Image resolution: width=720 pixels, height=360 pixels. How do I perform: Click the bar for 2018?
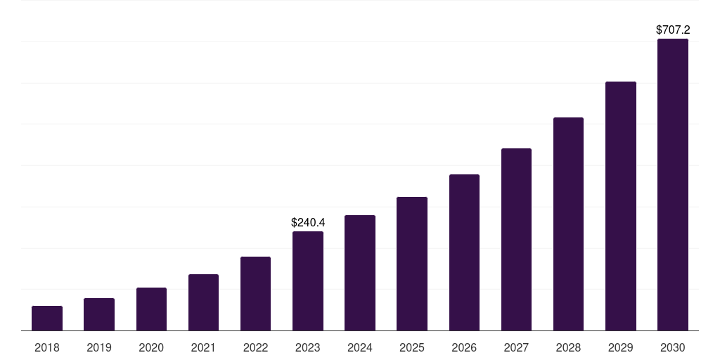click(47, 319)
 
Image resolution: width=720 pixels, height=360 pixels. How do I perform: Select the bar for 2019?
click(99, 314)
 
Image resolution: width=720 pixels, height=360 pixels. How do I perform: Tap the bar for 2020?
click(151, 309)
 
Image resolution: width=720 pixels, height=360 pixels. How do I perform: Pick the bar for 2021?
click(203, 302)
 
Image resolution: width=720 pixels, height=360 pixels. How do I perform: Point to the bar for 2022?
click(255, 294)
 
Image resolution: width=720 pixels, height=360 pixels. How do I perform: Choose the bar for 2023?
click(308, 281)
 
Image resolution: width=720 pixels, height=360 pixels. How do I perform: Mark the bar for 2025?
click(412, 264)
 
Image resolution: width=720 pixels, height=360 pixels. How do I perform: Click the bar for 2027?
click(516, 240)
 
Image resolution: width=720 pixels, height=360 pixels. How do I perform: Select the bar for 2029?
click(620, 206)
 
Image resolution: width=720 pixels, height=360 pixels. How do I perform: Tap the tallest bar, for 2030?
click(673, 185)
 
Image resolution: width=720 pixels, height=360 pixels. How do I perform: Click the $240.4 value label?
click(308, 222)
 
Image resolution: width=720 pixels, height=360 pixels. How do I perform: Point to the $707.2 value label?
click(673, 30)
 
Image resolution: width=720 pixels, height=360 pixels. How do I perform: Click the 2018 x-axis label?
click(47, 347)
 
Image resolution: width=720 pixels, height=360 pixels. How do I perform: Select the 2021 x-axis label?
click(203, 347)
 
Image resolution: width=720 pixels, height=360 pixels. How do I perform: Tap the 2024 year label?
click(360, 347)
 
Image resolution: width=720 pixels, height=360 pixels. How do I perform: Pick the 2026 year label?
click(464, 347)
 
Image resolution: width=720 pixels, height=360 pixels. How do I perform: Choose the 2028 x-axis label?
click(568, 347)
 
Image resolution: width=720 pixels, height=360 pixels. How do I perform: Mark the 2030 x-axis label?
click(673, 347)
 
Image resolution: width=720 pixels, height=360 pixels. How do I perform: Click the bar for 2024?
click(360, 273)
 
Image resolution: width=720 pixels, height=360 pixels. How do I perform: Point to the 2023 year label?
click(308, 347)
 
